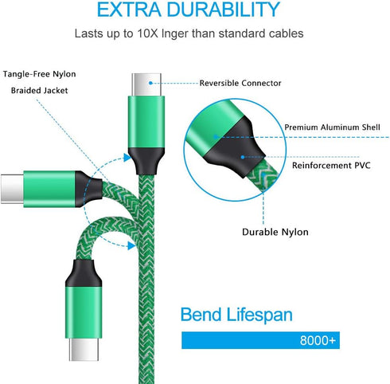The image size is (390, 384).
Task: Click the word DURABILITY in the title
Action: tap(224, 10)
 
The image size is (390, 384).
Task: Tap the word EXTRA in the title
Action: tap(129, 10)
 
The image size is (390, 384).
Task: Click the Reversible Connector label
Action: tap(240, 83)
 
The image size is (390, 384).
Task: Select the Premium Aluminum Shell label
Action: tap(332, 127)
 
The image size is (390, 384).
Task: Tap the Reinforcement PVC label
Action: tap(331, 166)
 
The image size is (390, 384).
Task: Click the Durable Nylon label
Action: tap(275, 232)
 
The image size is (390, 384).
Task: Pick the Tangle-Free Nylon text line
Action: tap(39, 74)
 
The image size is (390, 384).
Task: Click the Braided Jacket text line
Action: tap(39, 91)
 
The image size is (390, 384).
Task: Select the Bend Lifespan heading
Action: tap(236, 315)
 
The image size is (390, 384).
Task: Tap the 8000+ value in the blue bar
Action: tap(318, 340)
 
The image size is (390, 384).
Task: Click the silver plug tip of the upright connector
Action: tap(146, 84)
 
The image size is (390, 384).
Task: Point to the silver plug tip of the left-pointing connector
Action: tap(12, 189)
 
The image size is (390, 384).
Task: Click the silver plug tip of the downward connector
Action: tap(84, 350)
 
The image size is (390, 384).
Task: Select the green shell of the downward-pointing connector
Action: tap(84, 312)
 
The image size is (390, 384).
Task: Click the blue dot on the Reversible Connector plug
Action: tap(150, 83)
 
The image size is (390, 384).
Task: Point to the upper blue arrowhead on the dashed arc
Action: tap(127, 158)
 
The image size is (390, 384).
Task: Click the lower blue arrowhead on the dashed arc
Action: tap(131, 245)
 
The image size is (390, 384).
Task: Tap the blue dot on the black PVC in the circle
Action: tap(243, 157)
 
